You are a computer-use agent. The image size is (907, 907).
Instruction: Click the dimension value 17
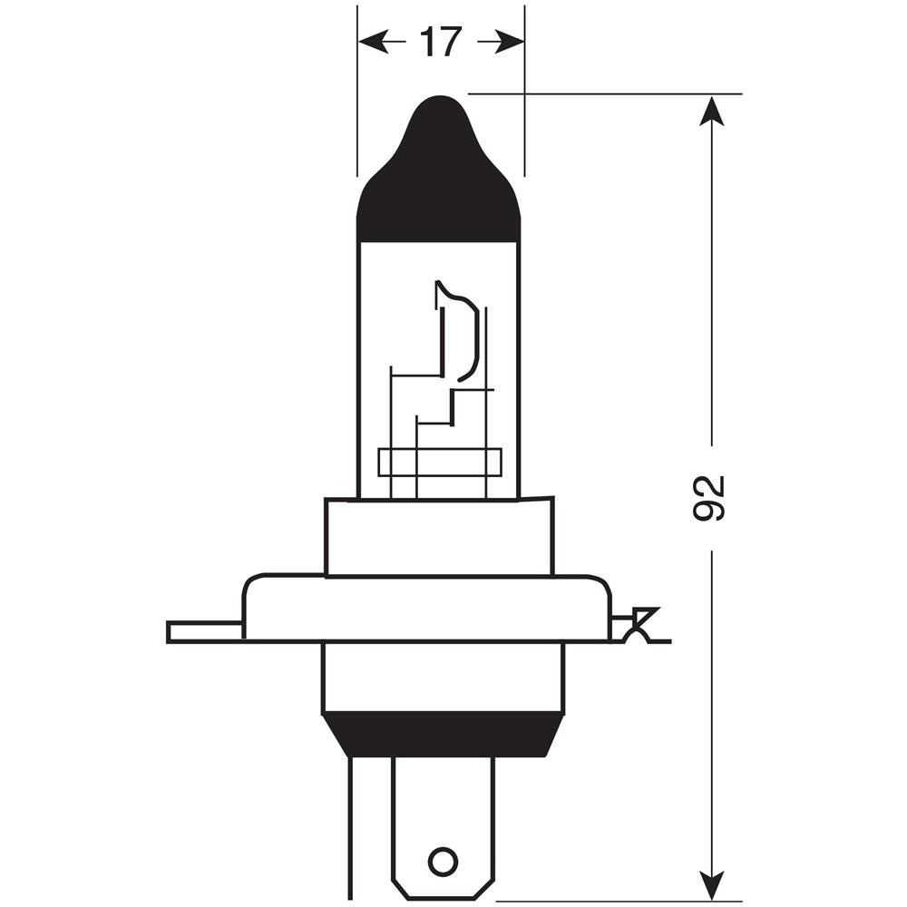(441, 42)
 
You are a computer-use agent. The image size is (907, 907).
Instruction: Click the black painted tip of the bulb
(439, 181)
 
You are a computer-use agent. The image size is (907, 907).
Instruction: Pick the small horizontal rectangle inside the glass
(439, 462)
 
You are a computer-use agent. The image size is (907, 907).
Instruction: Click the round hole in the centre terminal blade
(443, 861)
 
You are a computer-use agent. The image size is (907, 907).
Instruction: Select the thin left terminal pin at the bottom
(349, 825)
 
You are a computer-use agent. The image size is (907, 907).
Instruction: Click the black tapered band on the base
(443, 735)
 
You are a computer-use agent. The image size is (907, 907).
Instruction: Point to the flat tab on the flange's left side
(204, 631)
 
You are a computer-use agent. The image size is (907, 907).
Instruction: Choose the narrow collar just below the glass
(439, 537)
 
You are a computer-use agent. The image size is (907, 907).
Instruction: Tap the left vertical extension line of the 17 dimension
(357, 91)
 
